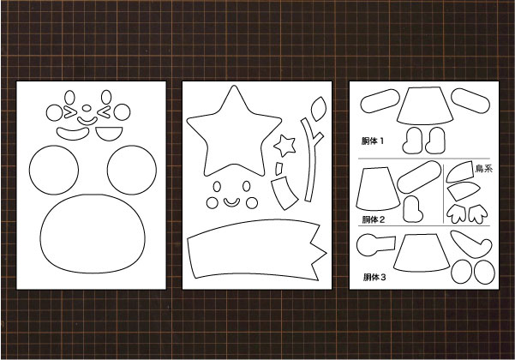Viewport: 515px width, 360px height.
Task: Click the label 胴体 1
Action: point(373,141)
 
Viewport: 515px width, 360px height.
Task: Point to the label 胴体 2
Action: point(374,219)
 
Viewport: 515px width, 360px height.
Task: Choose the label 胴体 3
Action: point(374,277)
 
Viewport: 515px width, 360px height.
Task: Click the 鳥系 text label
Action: point(484,169)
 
